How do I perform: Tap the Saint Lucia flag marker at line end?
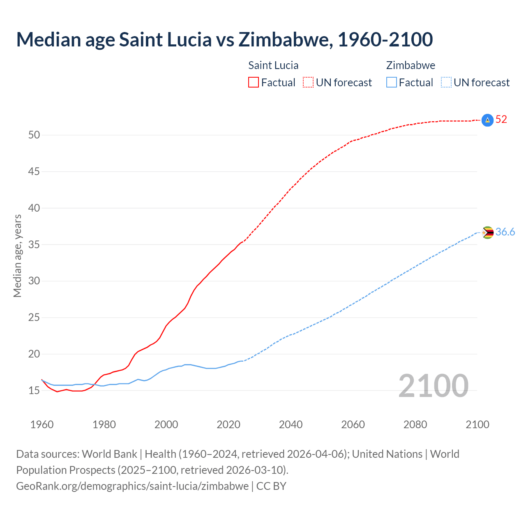click(487, 120)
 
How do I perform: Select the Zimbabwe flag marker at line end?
click(487, 233)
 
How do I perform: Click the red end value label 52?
click(501, 120)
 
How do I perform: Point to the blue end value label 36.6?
click(505, 232)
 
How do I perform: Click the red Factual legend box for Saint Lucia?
click(254, 83)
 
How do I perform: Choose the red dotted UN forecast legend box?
click(308, 83)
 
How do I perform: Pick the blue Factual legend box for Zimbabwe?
click(392, 83)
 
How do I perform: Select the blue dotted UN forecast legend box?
click(446, 83)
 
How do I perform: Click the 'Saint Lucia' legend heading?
click(273, 65)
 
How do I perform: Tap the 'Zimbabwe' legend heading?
click(411, 65)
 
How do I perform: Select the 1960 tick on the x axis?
click(42, 424)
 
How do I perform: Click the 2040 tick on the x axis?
click(291, 424)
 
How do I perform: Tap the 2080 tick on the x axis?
click(415, 424)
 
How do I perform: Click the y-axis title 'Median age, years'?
click(17, 256)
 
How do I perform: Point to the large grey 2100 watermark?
click(433, 385)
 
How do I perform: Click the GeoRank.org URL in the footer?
click(132, 486)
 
